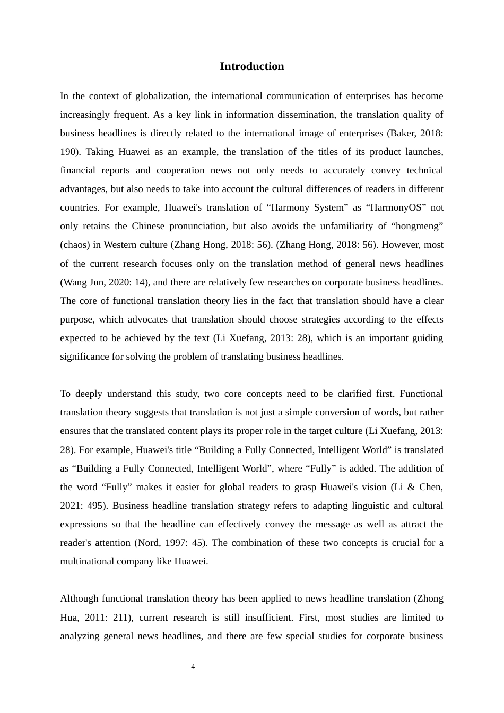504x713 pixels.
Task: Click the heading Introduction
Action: [x=251, y=66]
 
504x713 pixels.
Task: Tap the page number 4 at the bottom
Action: [x=193, y=667]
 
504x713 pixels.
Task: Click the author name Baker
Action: [x=402, y=133]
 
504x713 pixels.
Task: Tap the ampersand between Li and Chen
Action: [x=411, y=487]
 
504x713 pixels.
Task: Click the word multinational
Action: [x=85, y=561]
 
